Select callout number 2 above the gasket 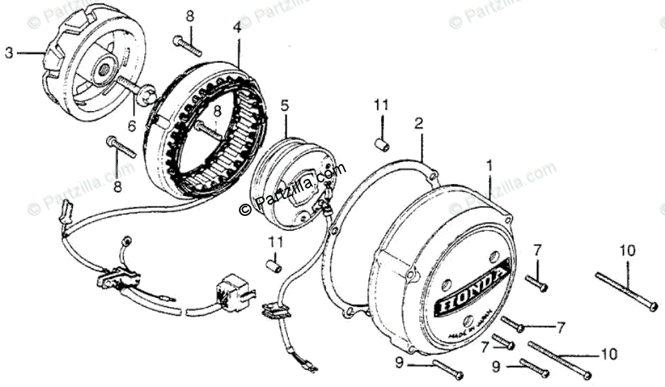(419, 123)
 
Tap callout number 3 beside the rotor (9, 52)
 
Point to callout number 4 (236, 28)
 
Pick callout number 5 (285, 105)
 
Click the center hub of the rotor (103, 68)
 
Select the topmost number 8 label (189, 15)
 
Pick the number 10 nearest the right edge (628, 250)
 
